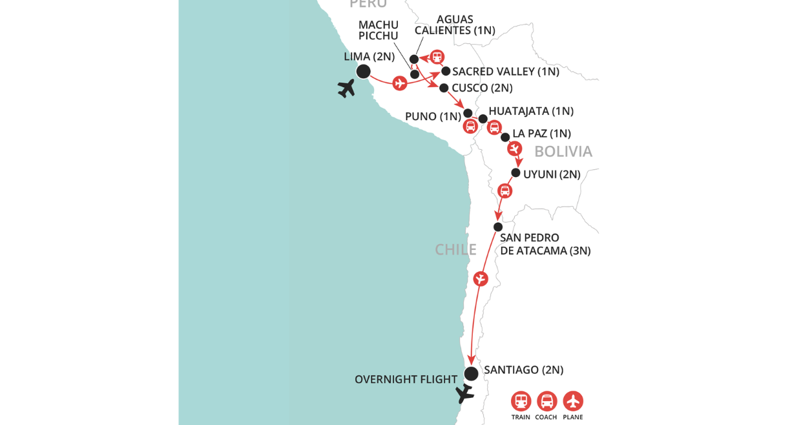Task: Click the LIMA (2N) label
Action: [369, 56]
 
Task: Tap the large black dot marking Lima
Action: [363, 71]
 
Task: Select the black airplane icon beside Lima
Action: [347, 88]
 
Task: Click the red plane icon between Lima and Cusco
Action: [400, 83]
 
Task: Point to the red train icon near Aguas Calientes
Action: [437, 57]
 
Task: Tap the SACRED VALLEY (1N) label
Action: [505, 72]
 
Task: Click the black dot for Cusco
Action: [444, 88]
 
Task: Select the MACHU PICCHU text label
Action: [379, 30]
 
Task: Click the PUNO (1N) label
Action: [433, 117]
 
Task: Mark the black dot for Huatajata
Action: [483, 119]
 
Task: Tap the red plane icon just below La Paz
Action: [514, 149]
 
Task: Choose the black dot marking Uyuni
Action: [515, 172]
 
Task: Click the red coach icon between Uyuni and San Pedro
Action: [505, 191]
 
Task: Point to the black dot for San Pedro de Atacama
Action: [498, 227]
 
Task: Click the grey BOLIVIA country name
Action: [563, 151]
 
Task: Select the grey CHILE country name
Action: [455, 249]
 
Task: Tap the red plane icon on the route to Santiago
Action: [481, 279]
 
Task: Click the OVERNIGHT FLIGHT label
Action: [406, 380]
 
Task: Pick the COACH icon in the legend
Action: [546, 401]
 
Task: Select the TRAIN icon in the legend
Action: [521, 401]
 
